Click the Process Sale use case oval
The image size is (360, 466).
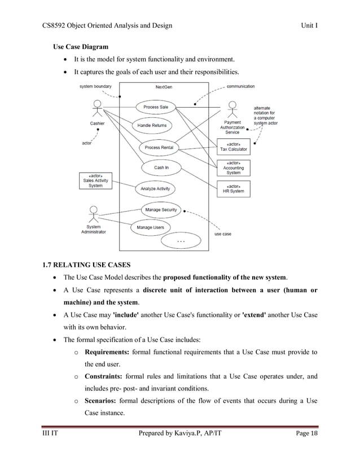[x=155, y=107]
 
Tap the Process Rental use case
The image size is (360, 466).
[x=159, y=147]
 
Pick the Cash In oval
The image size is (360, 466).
[x=161, y=168]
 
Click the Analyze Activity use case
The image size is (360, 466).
[x=155, y=188]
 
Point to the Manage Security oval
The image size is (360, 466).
[x=161, y=210]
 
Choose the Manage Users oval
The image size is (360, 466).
[x=151, y=227]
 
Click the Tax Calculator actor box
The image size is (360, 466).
[x=234, y=147]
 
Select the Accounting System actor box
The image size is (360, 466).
[x=234, y=168]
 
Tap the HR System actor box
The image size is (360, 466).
[x=234, y=188]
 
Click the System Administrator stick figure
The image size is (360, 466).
[x=93, y=215]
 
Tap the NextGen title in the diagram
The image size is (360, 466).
[x=164, y=86]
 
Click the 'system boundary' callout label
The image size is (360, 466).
[x=95, y=86]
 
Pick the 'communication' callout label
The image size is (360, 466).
[x=240, y=86]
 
